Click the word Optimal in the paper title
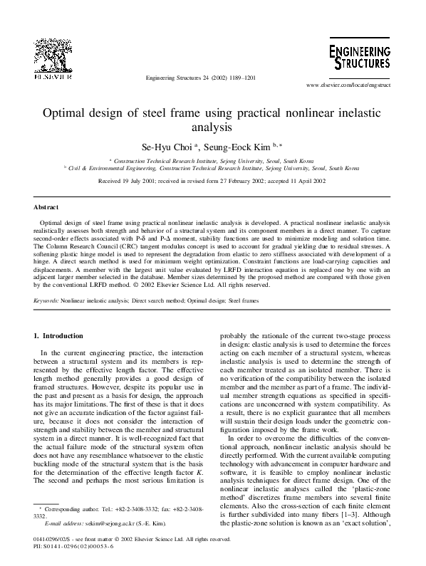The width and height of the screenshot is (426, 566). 68,113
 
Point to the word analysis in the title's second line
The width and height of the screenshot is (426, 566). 213,128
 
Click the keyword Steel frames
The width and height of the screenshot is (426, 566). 242,302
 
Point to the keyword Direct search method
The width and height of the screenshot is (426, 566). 157,302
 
